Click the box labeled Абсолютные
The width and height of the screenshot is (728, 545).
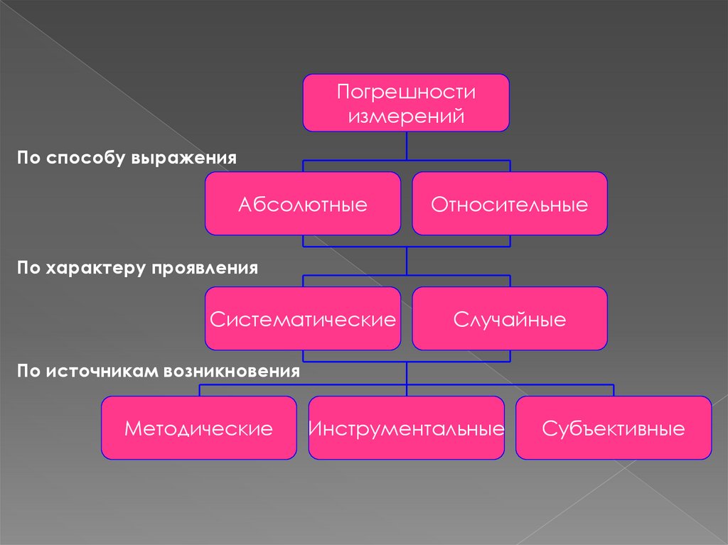click(x=303, y=204)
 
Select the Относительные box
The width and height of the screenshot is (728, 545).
click(x=509, y=204)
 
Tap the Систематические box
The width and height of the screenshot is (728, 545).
click(x=303, y=318)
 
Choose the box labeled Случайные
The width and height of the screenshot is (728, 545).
click(x=509, y=318)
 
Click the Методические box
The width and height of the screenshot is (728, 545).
click(x=199, y=428)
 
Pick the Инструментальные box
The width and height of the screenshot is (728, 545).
click(x=406, y=428)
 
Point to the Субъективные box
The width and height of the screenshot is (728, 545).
click(x=613, y=428)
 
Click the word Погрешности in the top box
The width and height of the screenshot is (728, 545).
click(x=406, y=92)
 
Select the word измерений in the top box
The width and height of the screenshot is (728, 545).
click(x=406, y=114)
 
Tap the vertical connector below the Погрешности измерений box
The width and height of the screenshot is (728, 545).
click(x=406, y=146)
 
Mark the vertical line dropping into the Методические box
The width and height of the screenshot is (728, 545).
click(x=199, y=390)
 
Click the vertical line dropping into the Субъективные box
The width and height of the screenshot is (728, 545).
click(x=614, y=390)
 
